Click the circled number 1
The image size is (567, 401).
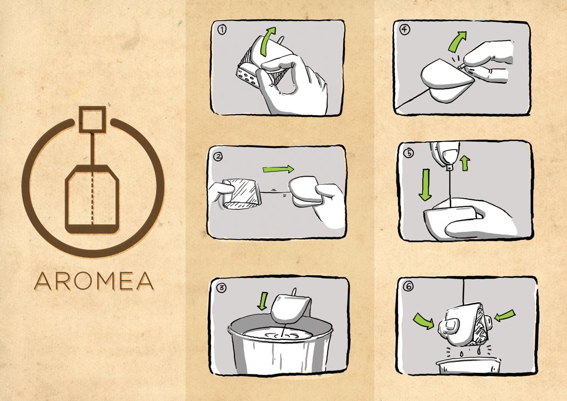click(221, 29)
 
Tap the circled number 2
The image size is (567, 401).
click(218, 156)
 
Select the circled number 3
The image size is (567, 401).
click(221, 288)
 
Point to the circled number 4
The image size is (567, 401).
click(405, 29)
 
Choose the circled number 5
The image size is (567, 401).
click(409, 153)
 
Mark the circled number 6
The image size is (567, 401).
click(409, 286)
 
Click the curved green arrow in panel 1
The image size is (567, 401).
click(267, 41)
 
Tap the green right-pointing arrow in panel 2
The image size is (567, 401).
click(279, 169)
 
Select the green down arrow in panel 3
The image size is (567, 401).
click(264, 301)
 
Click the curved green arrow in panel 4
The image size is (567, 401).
click(456, 42)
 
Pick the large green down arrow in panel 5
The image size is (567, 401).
click(426, 185)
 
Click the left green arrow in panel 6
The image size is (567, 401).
click(424, 320)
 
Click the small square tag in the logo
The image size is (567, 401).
click(92, 119)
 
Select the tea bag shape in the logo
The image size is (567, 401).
click(92, 199)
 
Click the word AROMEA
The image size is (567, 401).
click(94, 281)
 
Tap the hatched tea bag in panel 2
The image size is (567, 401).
click(241, 193)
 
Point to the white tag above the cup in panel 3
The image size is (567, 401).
click(291, 309)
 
